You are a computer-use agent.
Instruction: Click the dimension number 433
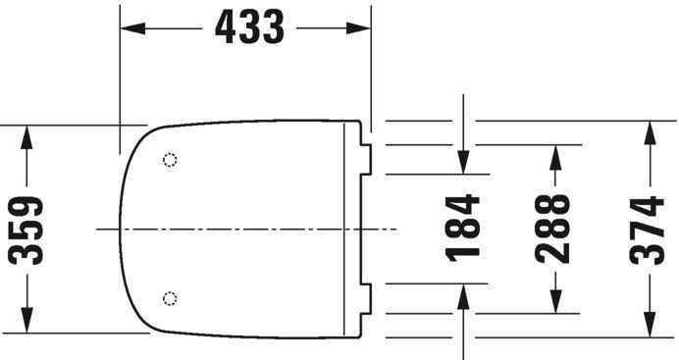245,28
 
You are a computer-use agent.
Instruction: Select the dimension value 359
26,230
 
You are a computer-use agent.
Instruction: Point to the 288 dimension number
554,229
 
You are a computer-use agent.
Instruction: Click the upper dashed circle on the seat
171,160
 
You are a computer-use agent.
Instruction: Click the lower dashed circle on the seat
171,296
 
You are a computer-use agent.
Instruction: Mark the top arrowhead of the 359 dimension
26,136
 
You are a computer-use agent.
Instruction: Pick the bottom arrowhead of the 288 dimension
554,303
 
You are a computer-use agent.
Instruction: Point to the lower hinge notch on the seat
367,298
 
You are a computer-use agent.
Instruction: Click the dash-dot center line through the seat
245,229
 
